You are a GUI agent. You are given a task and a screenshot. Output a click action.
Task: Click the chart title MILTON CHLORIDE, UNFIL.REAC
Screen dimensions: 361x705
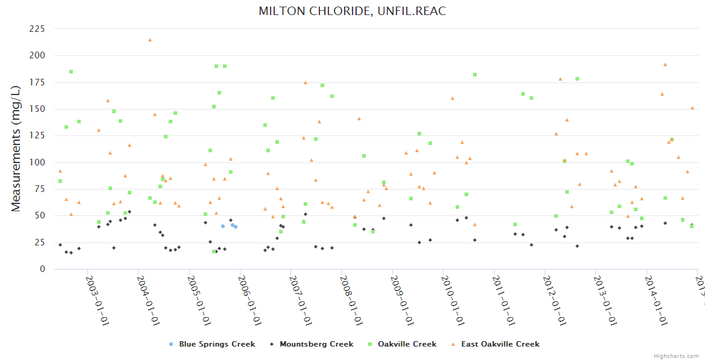[352, 11]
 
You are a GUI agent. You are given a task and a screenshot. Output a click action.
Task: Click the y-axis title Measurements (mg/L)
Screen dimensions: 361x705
[16, 149]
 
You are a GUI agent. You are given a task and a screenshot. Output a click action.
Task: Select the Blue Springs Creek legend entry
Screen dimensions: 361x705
[216, 344]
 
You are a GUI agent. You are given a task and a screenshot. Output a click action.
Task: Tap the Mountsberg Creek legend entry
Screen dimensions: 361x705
[316, 344]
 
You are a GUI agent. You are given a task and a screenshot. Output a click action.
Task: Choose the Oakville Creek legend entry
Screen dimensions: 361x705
[407, 344]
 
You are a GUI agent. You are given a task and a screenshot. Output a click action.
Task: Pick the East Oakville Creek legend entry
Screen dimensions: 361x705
[500, 344]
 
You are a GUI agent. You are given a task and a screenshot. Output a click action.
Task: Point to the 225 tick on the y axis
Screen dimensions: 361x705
[37, 29]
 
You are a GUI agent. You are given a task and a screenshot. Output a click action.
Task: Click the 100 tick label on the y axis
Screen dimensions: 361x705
[37, 162]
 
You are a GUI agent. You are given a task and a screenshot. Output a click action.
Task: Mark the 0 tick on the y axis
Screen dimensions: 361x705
[42, 270]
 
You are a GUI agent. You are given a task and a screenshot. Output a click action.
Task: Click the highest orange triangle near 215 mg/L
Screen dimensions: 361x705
[150, 40]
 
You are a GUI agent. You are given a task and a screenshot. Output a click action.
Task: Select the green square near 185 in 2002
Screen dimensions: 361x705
[71, 72]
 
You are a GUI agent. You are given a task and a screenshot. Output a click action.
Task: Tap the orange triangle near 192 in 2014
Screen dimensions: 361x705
[665, 64]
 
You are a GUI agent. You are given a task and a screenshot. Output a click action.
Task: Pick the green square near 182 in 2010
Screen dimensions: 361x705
[475, 75]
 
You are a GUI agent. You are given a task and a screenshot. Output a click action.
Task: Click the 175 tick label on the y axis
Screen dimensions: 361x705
[37, 82]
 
